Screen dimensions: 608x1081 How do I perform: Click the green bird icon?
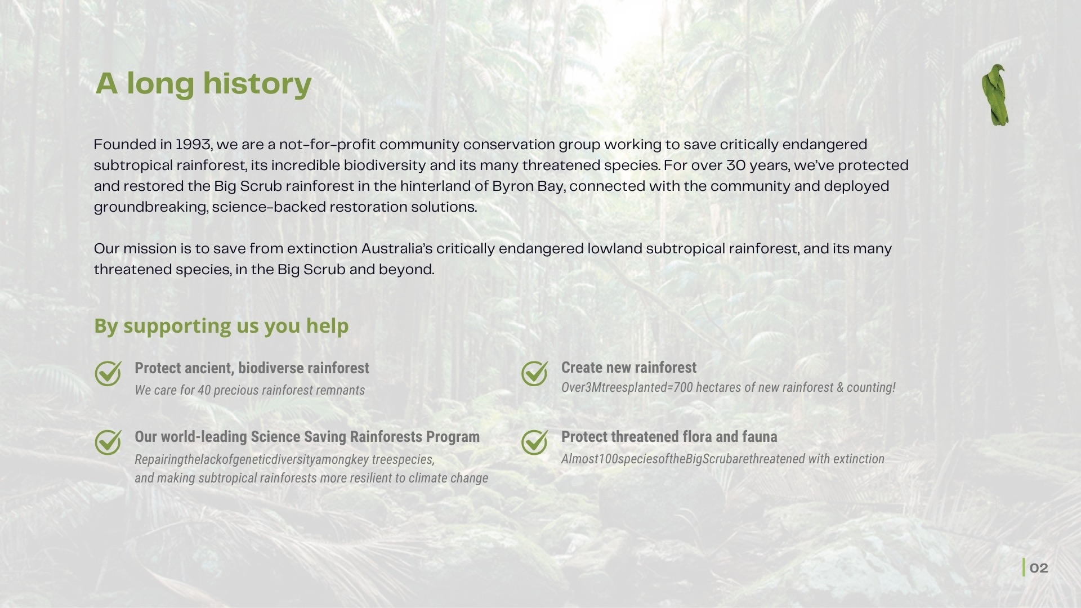click(x=995, y=95)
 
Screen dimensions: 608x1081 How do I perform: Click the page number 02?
click(x=1039, y=568)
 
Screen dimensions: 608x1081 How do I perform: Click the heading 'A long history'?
click(x=203, y=83)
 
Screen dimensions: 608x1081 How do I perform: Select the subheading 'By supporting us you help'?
click(x=221, y=325)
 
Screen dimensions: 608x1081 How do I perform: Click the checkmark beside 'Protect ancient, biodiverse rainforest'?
click(x=108, y=373)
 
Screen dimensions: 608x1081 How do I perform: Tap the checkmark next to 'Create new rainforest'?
click(x=534, y=373)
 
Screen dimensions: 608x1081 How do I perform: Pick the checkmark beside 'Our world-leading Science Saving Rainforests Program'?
click(x=108, y=442)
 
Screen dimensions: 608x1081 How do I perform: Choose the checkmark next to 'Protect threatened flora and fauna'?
click(x=534, y=442)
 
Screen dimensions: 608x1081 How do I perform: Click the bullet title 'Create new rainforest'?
click(x=628, y=368)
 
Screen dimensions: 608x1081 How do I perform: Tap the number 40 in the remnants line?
click(x=204, y=390)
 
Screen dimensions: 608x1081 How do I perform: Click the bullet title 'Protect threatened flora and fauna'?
click(x=669, y=437)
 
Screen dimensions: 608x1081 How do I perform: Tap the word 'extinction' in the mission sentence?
click(x=321, y=249)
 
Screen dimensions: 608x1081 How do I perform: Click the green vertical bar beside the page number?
click(x=1024, y=567)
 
